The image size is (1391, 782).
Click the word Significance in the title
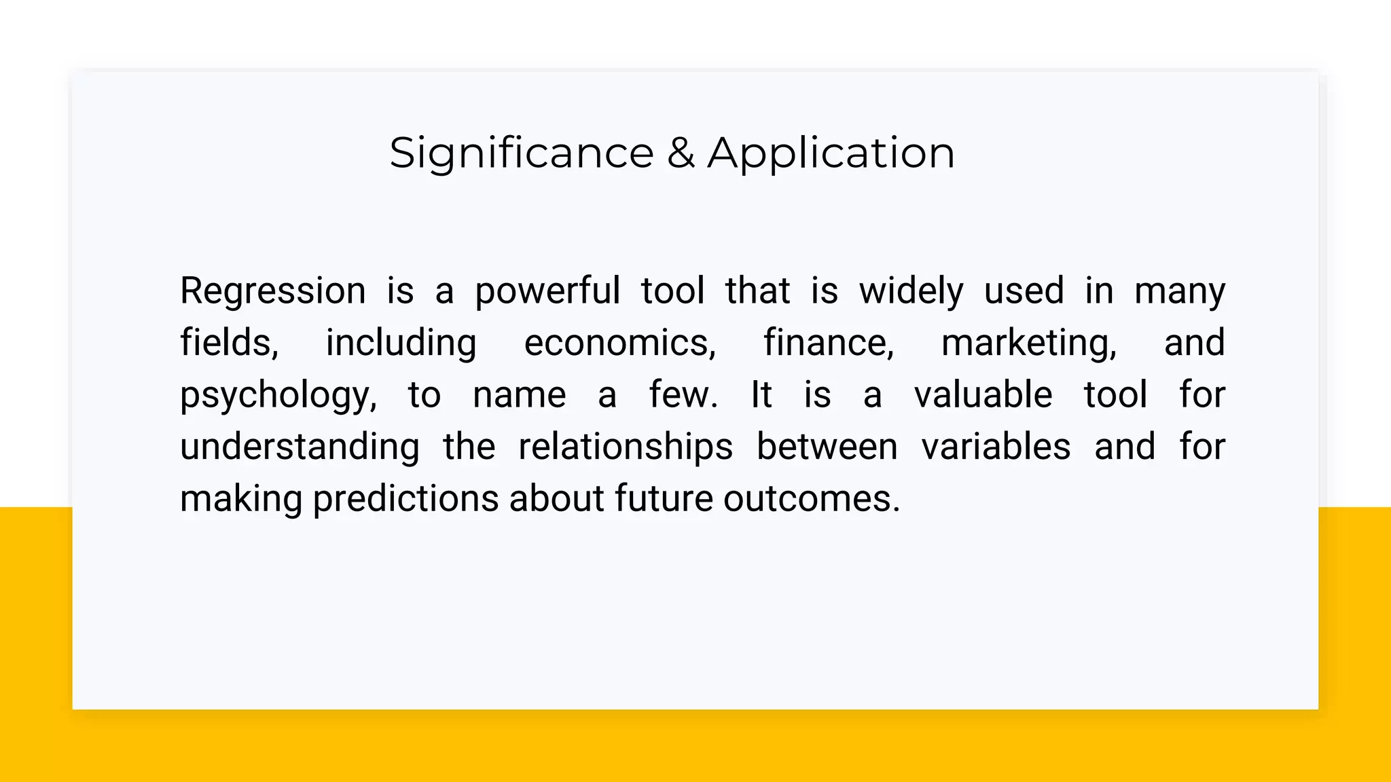(521, 153)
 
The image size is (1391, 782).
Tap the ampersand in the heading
(681, 153)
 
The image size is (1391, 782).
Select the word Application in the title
(831, 153)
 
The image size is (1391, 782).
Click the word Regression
(272, 291)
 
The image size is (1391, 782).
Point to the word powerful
(547, 291)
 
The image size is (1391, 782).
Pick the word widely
(911, 291)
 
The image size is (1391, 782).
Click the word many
(1179, 291)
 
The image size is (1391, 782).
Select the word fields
(229, 343)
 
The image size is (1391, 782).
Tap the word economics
(619, 343)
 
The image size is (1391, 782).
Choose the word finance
(829, 343)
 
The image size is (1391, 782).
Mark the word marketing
(1028, 343)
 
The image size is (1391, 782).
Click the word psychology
(278, 396)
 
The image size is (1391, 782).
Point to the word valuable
(983, 395)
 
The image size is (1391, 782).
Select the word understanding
(300, 447)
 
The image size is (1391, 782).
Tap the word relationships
(625, 447)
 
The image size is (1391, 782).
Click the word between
(827, 447)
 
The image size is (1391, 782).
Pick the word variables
(996, 447)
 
